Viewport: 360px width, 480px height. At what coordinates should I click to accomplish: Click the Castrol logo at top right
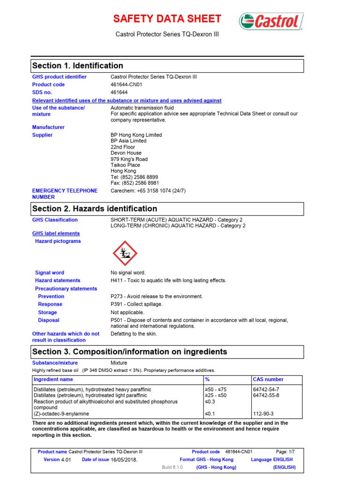271,21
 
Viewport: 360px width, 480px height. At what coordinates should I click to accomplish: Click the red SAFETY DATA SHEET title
167,19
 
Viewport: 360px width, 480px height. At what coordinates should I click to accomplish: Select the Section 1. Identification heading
77,66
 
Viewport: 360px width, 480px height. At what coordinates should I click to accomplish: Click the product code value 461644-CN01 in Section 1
126,85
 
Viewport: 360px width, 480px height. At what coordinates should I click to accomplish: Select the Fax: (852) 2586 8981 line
135,183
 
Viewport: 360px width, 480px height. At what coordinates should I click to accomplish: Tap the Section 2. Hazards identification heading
94,209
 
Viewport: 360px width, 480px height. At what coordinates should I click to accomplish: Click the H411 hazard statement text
168,280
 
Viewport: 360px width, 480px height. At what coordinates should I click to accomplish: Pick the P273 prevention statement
157,296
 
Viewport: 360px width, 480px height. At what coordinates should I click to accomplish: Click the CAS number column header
268,379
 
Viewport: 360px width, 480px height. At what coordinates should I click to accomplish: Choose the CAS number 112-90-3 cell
263,414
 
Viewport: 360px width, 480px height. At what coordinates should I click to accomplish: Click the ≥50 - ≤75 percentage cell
216,390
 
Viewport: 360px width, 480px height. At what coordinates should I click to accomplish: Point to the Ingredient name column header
53,379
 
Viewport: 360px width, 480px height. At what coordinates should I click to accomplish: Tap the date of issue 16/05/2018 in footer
124,460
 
